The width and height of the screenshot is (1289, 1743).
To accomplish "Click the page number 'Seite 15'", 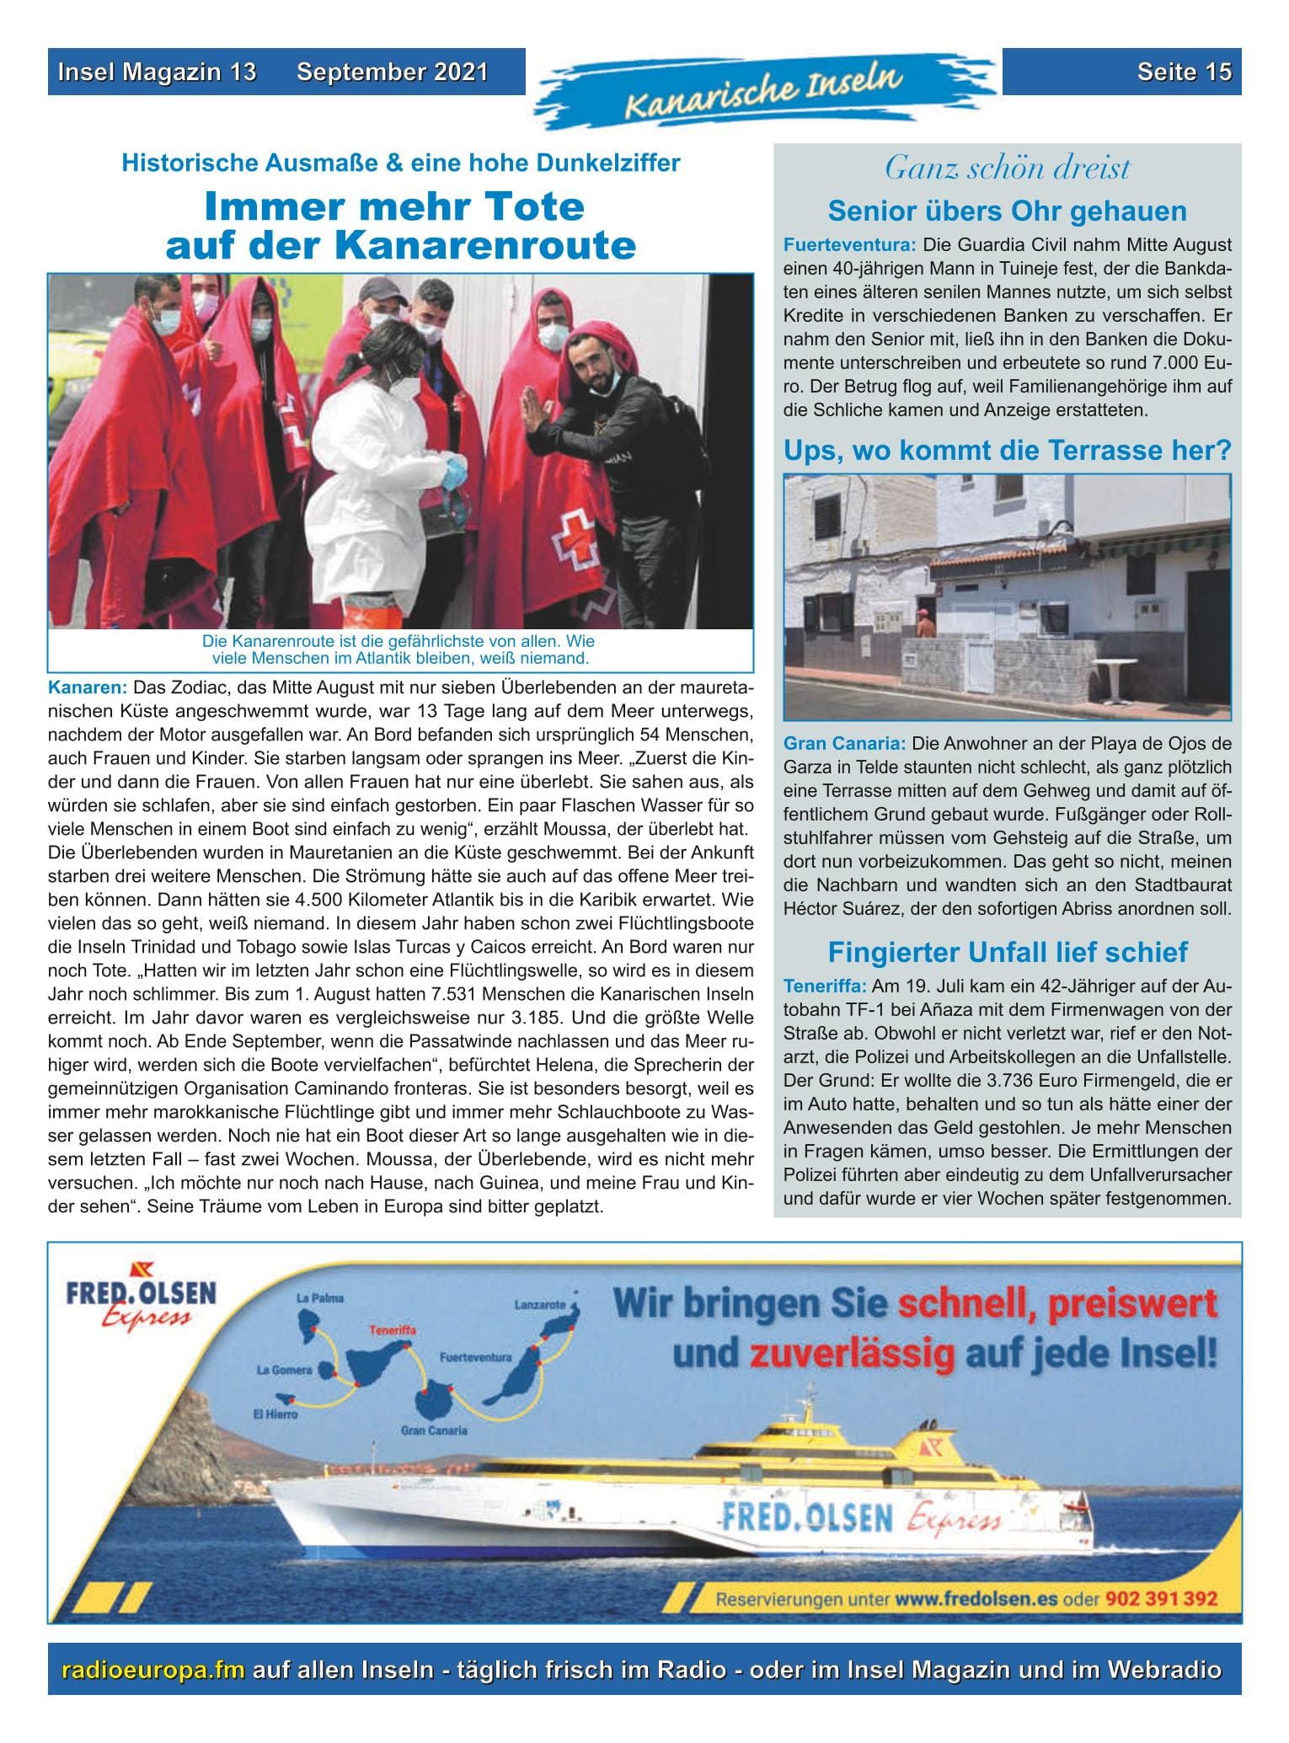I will pos(1184,72).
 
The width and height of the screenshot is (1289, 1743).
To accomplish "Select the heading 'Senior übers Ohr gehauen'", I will pos(1007,211).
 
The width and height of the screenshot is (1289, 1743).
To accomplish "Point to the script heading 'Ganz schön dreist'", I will pos(1007,168).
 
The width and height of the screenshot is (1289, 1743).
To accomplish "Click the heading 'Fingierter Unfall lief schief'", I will pos(1007,952).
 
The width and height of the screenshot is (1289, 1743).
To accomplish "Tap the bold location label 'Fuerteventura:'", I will pos(849,246).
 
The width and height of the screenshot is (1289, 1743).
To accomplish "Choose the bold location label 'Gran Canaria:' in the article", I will pos(844,745).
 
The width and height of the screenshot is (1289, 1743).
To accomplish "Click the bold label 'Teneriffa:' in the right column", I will pos(825,986).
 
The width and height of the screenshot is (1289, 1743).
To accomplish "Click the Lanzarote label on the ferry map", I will pos(539,1305).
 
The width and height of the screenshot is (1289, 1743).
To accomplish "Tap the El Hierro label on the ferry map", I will pos(275,1414).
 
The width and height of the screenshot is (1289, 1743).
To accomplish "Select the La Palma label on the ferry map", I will pos(320,1298).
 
